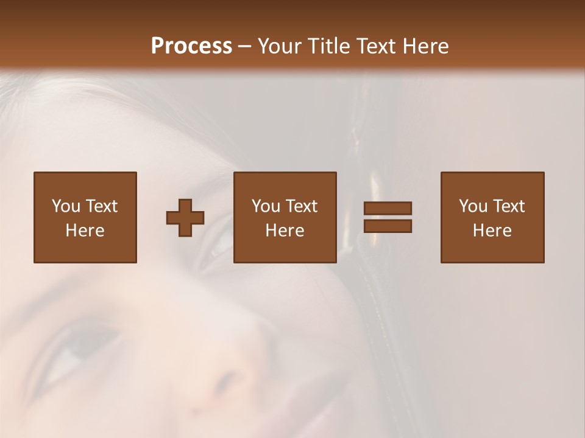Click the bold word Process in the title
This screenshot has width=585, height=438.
(191, 46)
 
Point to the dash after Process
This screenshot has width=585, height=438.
(245, 47)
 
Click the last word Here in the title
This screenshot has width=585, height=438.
(426, 46)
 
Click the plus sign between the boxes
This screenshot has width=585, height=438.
(185, 218)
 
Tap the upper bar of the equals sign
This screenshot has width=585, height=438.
(388, 208)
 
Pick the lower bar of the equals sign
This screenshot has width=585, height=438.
(388, 226)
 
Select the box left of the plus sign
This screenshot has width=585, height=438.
(85, 217)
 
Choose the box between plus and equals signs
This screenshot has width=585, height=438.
(285, 217)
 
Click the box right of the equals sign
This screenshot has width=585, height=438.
(492, 217)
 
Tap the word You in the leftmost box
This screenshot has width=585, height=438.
(66, 206)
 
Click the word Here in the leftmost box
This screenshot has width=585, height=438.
(85, 231)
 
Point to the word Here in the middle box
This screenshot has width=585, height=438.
(285, 231)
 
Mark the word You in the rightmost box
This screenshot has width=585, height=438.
(473, 206)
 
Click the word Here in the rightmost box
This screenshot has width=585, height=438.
(492, 231)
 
